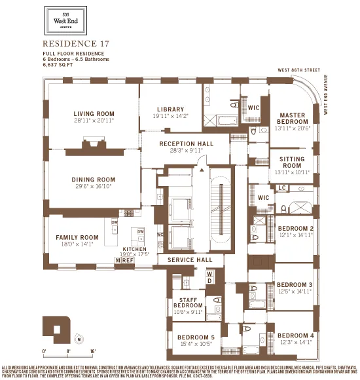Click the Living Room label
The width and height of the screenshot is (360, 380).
point(94,113)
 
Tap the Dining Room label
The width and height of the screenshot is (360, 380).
point(94,180)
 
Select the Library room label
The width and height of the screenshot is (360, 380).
point(170,109)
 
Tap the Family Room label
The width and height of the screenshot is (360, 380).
point(77,237)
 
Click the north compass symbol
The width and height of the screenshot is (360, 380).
point(79,339)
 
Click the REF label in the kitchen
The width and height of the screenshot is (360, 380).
point(128,260)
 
